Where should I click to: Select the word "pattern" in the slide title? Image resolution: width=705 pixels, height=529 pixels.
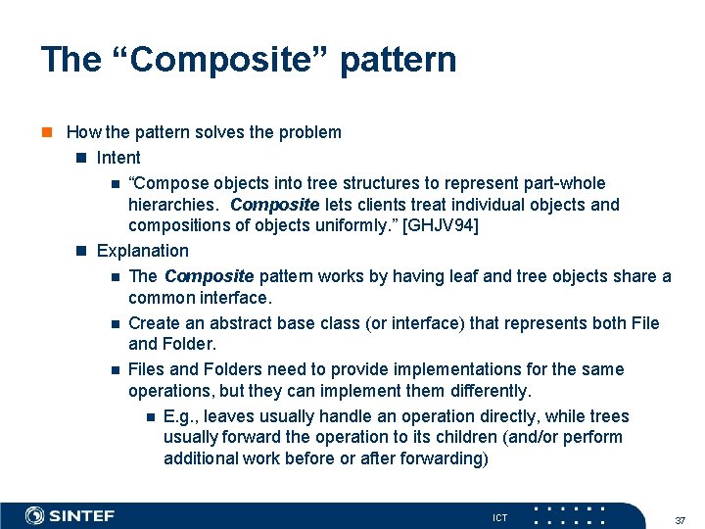(x=399, y=60)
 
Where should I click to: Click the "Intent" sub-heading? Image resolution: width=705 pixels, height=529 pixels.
(x=118, y=158)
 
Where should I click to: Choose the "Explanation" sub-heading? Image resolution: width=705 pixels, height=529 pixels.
(x=142, y=251)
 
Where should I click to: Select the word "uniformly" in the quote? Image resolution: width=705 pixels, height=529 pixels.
(x=340, y=226)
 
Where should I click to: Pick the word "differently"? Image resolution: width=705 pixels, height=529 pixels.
(x=479, y=391)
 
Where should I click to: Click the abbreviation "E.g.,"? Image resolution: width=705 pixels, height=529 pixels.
(x=181, y=416)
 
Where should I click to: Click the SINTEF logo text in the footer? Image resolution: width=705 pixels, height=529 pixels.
(x=82, y=515)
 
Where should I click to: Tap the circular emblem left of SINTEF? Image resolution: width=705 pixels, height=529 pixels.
(x=34, y=515)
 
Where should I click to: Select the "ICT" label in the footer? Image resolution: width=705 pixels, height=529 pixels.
(x=499, y=517)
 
